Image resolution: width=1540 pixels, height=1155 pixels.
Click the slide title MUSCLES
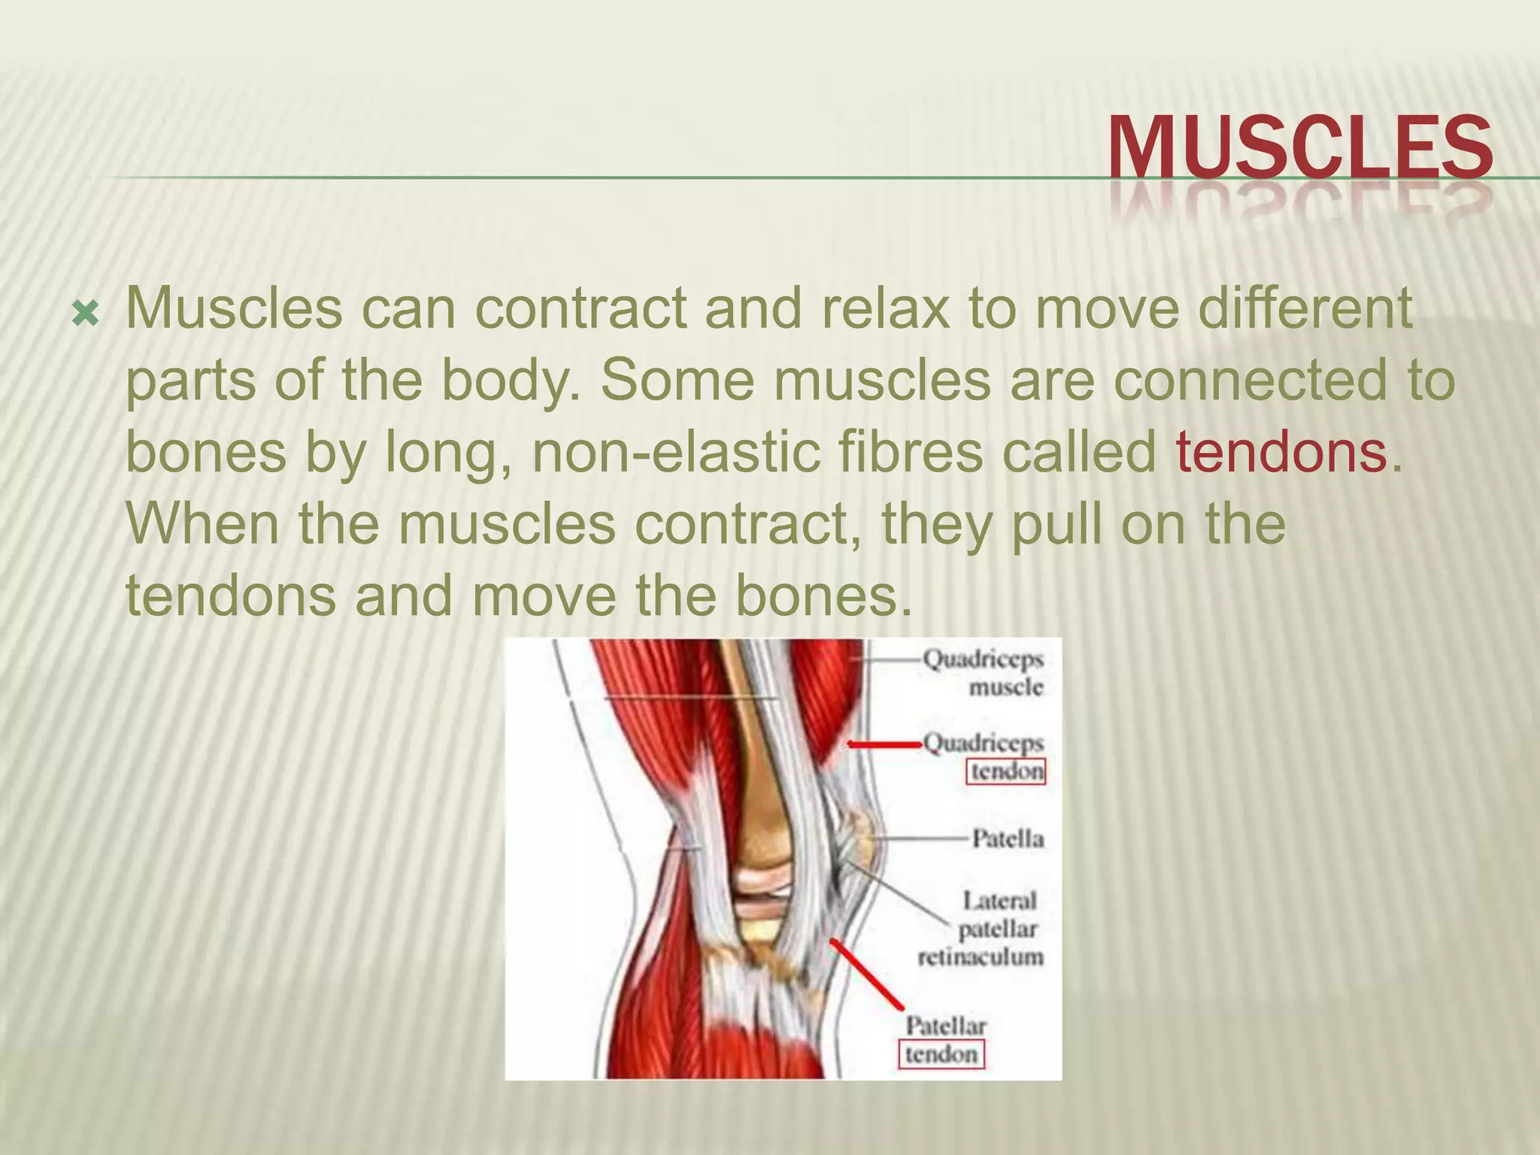1299,147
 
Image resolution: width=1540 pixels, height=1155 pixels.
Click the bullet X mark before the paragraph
85,314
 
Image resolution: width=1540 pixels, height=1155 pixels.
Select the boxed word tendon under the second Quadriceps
1006,772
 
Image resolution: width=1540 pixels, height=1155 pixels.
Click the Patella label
1008,838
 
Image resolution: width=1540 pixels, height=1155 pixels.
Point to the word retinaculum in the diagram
981,957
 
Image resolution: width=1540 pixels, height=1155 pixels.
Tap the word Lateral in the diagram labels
999,900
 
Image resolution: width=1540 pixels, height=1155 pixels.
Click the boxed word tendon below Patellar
941,1054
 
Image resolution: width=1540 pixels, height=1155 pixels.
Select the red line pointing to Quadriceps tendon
884,744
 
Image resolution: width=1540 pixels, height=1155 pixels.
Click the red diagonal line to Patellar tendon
866,973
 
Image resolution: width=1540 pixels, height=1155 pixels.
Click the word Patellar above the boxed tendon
945,1026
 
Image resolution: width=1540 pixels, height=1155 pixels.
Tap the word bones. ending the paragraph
822,595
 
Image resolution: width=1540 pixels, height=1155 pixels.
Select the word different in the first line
1305,308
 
